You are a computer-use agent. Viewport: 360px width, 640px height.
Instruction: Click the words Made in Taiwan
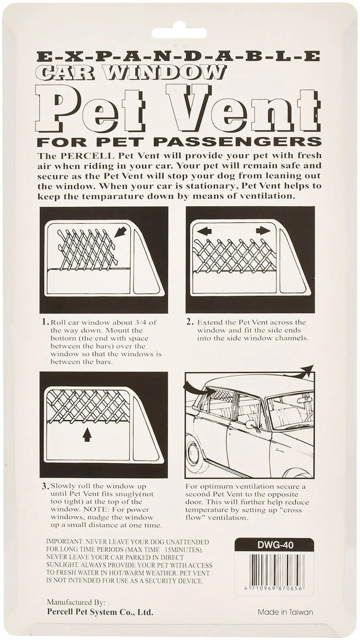coord(285,612)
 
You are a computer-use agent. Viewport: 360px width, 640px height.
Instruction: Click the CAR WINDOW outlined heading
coord(130,73)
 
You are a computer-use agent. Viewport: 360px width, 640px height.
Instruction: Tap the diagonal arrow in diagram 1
coord(121,232)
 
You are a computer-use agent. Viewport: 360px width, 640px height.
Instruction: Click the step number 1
coord(45,322)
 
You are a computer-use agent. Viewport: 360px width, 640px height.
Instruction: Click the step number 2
coord(190,322)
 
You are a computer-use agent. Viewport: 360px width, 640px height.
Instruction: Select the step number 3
coord(45,486)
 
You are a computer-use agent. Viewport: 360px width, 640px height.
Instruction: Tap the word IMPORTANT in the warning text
coord(64,542)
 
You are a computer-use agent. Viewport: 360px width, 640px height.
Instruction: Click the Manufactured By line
coord(76,602)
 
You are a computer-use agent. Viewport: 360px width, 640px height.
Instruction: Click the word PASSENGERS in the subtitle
coord(237,142)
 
